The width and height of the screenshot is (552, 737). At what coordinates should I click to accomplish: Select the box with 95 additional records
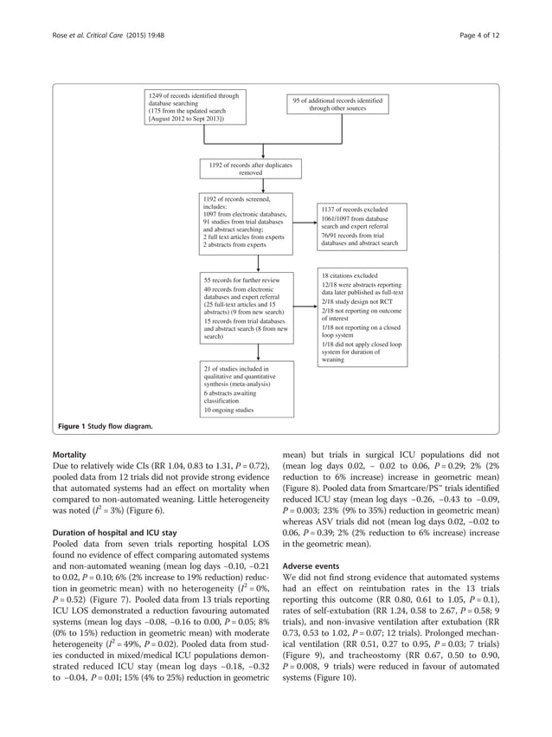pos(338,105)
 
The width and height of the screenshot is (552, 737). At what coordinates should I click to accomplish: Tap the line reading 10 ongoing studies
pos(229,411)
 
